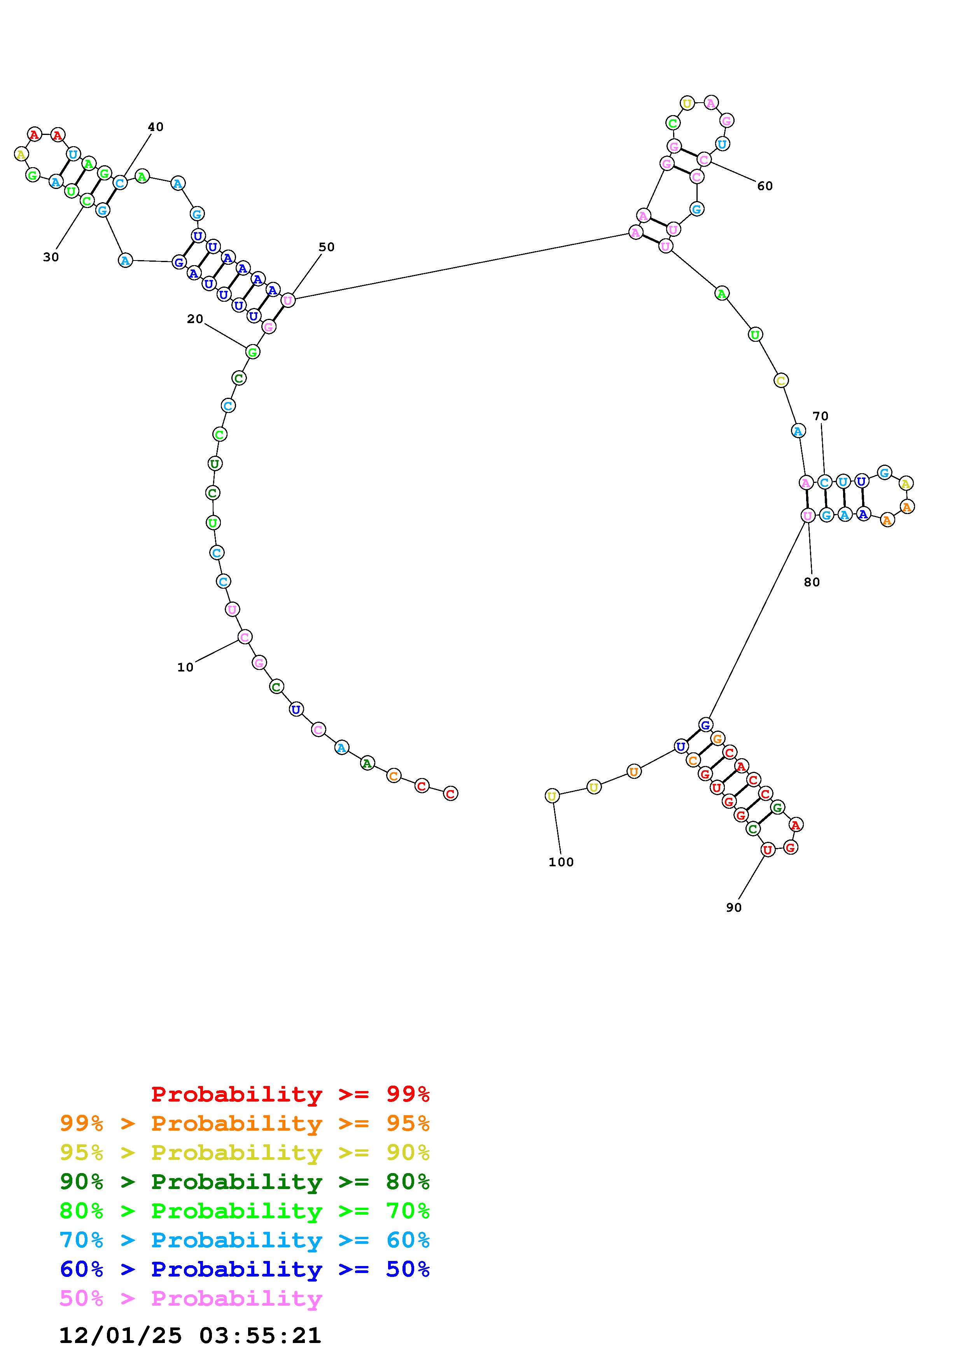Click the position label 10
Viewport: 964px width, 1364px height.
click(185, 667)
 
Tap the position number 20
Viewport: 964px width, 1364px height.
click(195, 319)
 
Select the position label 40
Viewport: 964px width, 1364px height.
click(156, 126)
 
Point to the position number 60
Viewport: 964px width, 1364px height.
click(765, 186)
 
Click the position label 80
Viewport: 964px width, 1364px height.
click(812, 582)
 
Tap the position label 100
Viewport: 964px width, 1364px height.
click(561, 862)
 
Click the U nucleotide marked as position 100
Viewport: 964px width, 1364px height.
click(552, 796)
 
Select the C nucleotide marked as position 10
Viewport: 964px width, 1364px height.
click(245, 637)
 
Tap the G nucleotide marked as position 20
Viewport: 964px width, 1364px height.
click(252, 352)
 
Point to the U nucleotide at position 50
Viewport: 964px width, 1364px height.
click(288, 300)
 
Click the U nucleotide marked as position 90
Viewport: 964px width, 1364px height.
click(768, 850)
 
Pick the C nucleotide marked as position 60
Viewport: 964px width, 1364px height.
click(704, 159)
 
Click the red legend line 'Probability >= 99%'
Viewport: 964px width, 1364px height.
click(290, 1094)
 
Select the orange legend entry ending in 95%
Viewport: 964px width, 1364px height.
click(245, 1123)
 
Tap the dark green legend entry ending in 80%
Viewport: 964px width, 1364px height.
click(245, 1182)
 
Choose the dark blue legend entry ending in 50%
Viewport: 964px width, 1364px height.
click(245, 1269)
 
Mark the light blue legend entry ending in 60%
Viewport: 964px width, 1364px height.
click(245, 1240)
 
